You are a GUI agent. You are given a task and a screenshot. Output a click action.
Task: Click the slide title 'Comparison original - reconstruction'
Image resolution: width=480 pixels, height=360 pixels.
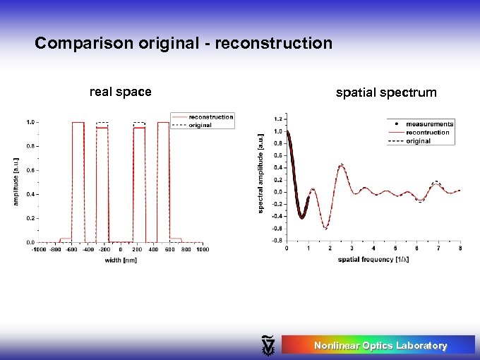(184, 44)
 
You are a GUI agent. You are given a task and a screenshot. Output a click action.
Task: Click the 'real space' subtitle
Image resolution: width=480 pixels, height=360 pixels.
(120, 92)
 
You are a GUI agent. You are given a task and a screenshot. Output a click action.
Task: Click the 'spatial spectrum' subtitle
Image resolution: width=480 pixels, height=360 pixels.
(386, 92)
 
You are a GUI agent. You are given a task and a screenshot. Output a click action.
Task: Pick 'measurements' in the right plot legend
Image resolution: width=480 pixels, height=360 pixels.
(429, 124)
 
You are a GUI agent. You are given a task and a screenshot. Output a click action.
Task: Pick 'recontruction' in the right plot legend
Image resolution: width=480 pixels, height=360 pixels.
(427, 133)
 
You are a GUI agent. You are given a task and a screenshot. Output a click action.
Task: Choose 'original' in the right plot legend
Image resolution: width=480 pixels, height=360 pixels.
(418, 141)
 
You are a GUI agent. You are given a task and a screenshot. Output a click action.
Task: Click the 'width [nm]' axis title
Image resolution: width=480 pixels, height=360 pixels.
(120, 260)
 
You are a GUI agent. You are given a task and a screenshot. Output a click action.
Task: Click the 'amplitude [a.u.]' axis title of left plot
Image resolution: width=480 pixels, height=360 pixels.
(16, 181)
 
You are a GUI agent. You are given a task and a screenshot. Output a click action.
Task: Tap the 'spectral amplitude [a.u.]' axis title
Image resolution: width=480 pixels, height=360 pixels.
(260, 174)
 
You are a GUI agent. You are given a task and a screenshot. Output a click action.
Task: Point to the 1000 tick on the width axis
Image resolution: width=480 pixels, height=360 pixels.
(202, 249)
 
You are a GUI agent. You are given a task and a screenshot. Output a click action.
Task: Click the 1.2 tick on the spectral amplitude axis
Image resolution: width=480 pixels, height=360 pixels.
(277, 119)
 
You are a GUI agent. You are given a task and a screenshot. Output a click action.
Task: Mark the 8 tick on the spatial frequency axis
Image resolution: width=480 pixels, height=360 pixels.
(460, 248)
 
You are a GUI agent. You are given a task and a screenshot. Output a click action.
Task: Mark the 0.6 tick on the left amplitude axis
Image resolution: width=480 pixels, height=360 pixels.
(30, 170)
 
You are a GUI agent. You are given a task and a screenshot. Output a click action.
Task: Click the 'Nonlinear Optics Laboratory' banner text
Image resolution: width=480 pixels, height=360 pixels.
(380, 345)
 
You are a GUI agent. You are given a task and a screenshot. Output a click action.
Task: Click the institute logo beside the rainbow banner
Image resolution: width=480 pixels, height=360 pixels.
(268, 344)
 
